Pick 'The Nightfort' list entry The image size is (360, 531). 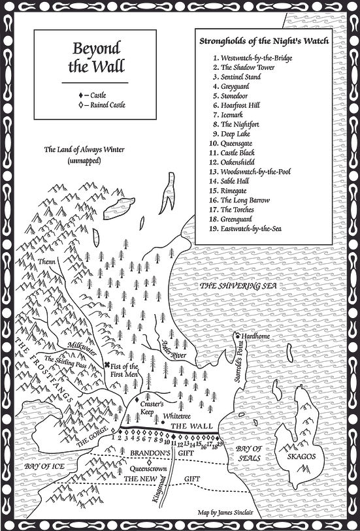241,123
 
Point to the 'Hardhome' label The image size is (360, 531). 255,336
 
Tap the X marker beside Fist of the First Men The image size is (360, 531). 107,365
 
